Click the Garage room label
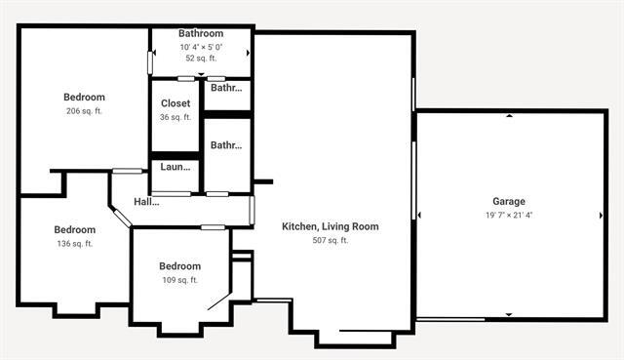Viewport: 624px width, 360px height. coord(509,201)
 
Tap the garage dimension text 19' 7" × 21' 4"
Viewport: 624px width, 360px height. coord(509,215)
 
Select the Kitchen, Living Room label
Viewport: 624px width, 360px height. coord(330,226)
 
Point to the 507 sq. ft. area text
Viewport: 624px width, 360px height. coord(330,240)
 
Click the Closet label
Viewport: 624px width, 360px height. coord(175,103)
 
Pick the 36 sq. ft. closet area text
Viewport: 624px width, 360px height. coord(175,117)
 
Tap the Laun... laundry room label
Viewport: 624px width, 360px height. coord(175,167)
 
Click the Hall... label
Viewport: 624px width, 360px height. coord(146,202)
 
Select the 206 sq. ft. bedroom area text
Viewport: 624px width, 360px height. coord(84,111)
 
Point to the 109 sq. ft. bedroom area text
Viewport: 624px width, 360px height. coord(179,280)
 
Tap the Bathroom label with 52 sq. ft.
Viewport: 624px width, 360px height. coord(201,33)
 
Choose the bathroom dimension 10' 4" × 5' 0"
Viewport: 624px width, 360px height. coord(201,47)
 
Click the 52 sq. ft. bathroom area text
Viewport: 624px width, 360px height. coord(201,59)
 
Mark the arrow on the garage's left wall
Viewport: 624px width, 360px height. coord(419,215)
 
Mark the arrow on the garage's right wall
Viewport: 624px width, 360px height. coord(600,215)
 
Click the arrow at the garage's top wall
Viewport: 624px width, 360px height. coord(509,116)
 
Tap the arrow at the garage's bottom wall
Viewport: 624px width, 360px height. coord(509,314)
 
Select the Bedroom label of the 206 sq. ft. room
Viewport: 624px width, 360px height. coord(84,97)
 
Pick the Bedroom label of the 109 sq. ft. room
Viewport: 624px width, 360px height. coord(179,266)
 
